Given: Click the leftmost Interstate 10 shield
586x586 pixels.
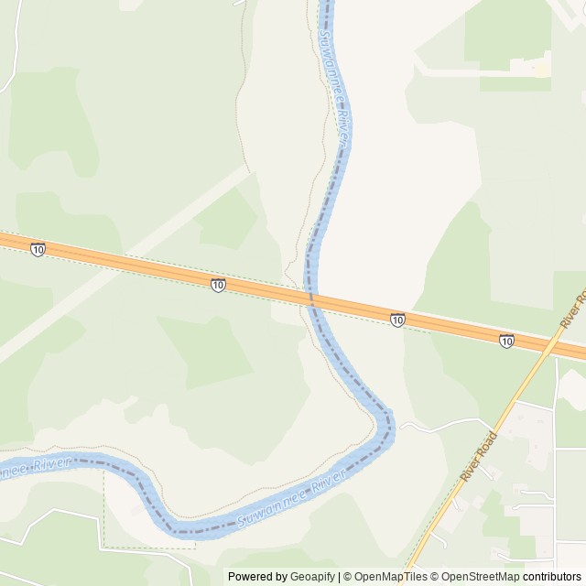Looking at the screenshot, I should coord(37,250).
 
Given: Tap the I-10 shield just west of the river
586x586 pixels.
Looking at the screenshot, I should coord(217,286).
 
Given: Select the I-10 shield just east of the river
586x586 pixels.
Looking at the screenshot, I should coord(396,320).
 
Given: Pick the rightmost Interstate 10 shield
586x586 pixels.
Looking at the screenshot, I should coord(506,341).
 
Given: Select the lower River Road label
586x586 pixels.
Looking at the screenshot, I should coord(479,456).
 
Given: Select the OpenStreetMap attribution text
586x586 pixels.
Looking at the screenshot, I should coord(477,577).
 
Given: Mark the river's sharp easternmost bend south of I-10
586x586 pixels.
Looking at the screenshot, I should coord(389,427).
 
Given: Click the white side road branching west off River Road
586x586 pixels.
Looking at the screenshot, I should coord(430,423).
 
